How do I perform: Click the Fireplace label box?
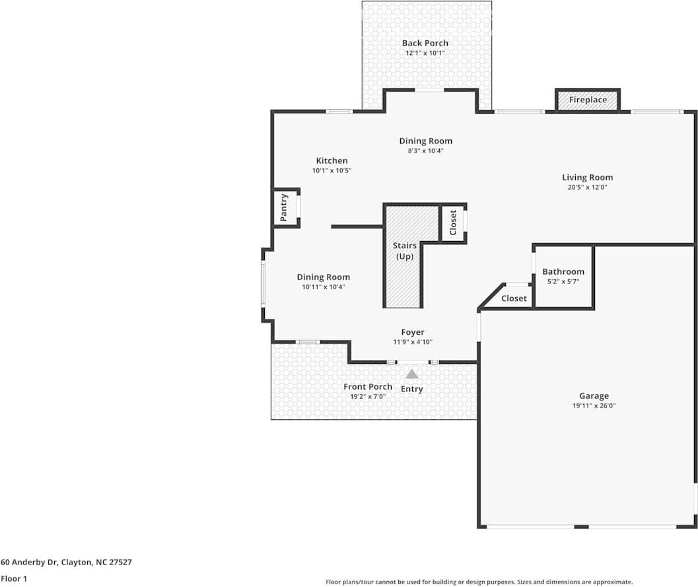point(588,100)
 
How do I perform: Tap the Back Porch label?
point(425,43)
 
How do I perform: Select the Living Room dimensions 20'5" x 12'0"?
point(587,188)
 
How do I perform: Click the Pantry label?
point(284,207)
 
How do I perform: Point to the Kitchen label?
point(332,160)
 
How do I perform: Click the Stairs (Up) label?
point(404,251)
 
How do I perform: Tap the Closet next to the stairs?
point(453,223)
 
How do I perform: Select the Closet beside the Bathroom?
point(514,298)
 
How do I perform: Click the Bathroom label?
point(563,271)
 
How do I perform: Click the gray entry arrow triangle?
point(411,374)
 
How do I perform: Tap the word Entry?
point(411,389)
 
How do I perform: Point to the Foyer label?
point(413,332)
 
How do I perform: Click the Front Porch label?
point(368,387)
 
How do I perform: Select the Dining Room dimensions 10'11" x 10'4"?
point(323,287)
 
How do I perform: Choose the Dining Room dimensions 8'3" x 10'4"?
point(425,151)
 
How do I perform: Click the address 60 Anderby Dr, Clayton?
point(66,563)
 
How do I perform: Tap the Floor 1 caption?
point(14,578)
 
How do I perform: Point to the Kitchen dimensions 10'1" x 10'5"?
point(332,170)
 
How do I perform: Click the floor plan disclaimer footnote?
point(479,582)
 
